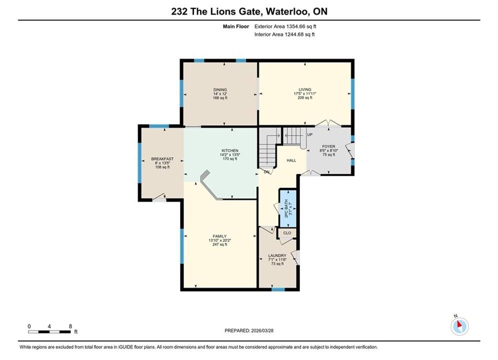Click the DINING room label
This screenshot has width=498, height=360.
coord(220,90)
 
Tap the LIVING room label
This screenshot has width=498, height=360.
coord(305,89)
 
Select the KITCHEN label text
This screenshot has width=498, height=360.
coord(230,150)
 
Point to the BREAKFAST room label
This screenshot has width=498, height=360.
coord(162,159)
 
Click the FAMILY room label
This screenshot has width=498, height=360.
coord(220,236)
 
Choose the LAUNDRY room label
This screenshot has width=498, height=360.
coord(277,255)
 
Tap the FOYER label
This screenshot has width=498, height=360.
coord(329,146)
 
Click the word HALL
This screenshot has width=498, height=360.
coord(292,160)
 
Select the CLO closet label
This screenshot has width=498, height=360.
coord(287,233)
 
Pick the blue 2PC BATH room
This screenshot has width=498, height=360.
coord(288,208)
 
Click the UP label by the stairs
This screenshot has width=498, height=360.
coord(310,134)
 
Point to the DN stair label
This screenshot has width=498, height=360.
coord(267,172)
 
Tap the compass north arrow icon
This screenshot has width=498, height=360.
coord(459,326)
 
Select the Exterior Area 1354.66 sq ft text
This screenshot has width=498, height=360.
coord(285,26)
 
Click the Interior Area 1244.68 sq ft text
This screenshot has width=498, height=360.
coord(284,34)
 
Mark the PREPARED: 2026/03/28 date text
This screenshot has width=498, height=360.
coord(249,330)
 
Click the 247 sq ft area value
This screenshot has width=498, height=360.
coord(220,244)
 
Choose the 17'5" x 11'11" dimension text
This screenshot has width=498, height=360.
coord(305,93)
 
